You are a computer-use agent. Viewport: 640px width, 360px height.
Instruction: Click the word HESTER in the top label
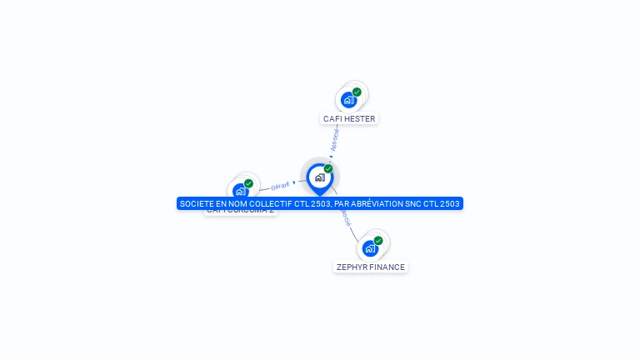click(x=360, y=119)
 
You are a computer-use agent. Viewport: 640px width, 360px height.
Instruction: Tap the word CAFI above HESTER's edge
click(x=333, y=119)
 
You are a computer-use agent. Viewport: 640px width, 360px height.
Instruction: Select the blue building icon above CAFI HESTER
click(x=348, y=100)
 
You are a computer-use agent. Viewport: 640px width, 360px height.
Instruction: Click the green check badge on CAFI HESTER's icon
click(x=357, y=92)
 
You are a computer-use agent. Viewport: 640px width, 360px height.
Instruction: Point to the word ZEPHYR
click(x=352, y=267)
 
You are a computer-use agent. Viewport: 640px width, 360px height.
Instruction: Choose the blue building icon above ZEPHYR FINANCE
click(x=370, y=248)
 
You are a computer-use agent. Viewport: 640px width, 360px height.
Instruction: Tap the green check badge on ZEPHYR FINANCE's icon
click(x=378, y=241)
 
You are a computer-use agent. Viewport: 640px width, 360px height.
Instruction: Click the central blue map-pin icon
click(x=319, y=177)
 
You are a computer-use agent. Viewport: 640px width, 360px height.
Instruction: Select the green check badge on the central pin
click(x=328, y=169)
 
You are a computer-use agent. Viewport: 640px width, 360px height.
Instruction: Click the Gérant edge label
click(x=280, y=185)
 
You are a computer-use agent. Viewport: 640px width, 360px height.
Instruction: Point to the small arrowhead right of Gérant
click(x=294, y=182)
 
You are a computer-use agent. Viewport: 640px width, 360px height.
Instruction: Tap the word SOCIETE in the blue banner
click(x=196, y=203)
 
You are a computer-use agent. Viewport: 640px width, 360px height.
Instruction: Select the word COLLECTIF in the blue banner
click(x=272, y=203)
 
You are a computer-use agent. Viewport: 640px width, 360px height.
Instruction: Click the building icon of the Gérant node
click(x=240, y=191)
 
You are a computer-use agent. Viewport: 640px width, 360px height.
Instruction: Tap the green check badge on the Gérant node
click(x=248, y=183)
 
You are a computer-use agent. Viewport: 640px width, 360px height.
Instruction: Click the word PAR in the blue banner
click(x=342, y=203)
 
